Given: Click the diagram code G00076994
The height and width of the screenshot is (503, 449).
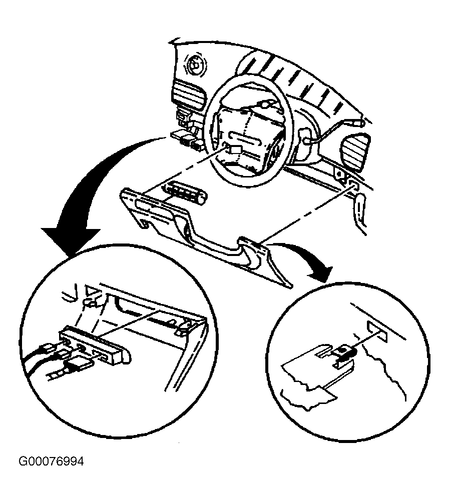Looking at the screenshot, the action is [52, 461].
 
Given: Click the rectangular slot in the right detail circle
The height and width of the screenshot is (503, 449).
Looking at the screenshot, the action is [377, 331].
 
